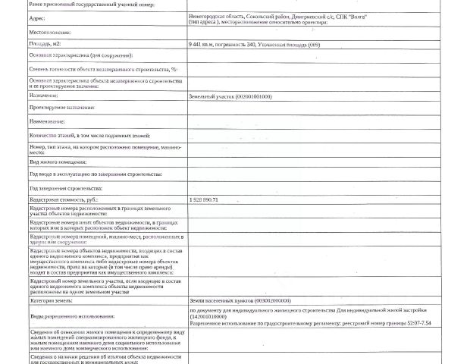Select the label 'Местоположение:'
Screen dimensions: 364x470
(50, 33)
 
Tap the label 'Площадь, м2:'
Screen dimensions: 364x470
(46, 44)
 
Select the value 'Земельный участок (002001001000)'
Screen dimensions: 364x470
(230, 96)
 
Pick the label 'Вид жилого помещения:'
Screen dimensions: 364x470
(58, 162)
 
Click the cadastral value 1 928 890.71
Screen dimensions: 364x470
(204, 199)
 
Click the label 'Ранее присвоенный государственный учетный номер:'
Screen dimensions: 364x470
(91, 5)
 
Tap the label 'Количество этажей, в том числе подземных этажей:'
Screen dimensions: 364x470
(89, 135)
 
